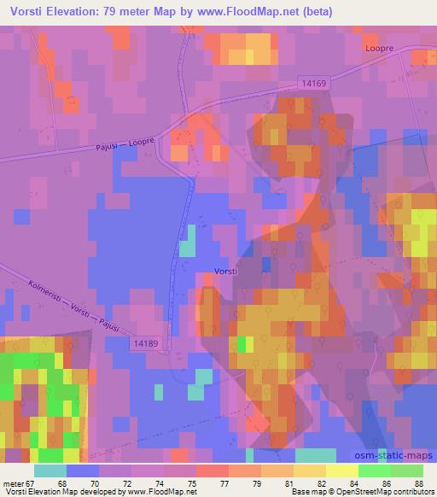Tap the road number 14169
315,84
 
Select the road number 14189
146,342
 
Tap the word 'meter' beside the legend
11,482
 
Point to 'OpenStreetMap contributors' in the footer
379,492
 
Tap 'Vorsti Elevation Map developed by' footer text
61,492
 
